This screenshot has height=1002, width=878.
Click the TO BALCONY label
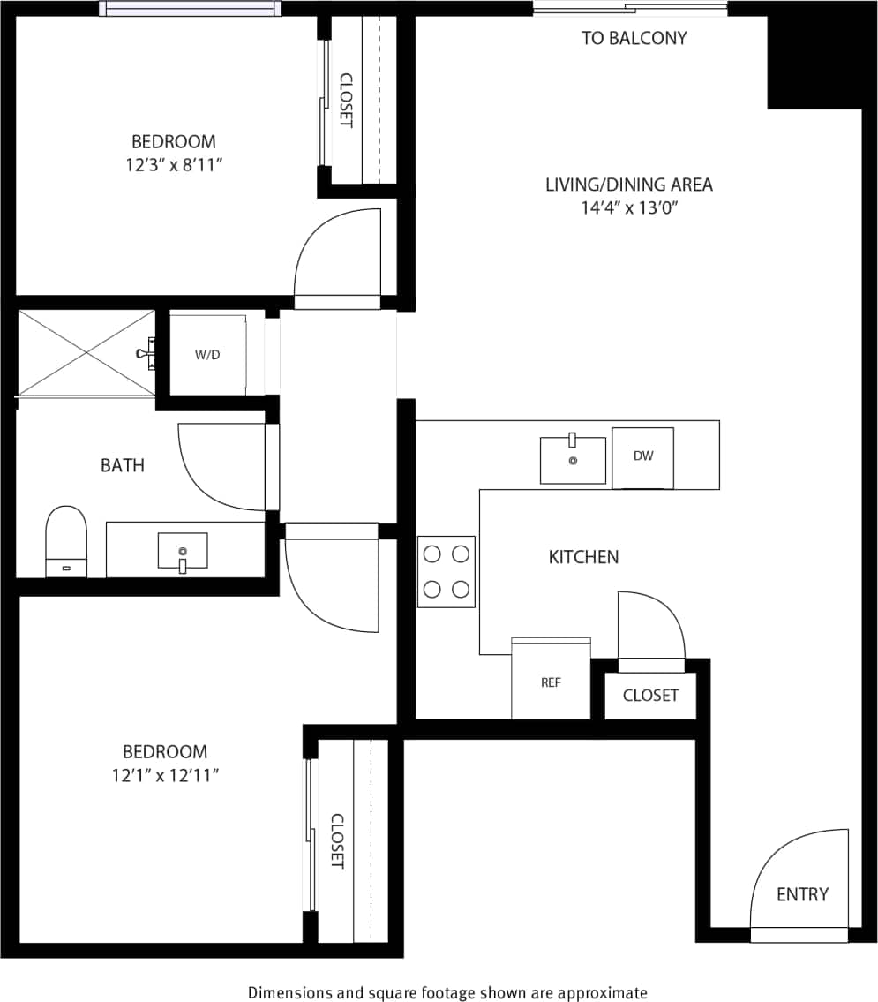pyautogui.click(x=634, y=38)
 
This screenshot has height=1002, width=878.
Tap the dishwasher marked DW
pyautogui.click(x=642, y=457)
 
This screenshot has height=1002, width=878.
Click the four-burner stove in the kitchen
pyautogui.click(x=447, y=571)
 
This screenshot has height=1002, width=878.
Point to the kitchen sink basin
pyautogui.click(x=573, y=461)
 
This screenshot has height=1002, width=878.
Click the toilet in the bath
pyautogui.click(x=67, y=541)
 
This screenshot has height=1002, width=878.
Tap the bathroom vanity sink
pyautogui.click(x=183, y=552)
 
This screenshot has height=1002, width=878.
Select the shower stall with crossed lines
pyautogui.click(x=86, y=352)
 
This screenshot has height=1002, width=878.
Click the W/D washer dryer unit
pyautogui.click(x=207, y=355)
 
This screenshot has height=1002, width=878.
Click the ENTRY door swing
pyautogui.click(x=799, y=878)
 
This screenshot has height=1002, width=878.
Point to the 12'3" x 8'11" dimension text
pyautogui.click(x=174, y=164)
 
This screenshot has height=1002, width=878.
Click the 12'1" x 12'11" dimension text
pyautogui.click(x=165, y=775)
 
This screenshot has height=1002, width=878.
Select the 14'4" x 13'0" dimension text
pyautogui.click(x=628, y=207)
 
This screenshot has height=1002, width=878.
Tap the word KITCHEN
pyautogui.click(x=583, y=557)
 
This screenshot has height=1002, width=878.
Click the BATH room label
pyautogui.click(x=122, y=465)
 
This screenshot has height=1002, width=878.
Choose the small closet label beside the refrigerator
pyautogui.click(x=650, y=695)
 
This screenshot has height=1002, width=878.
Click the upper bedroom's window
pyautogui.click(x=191, y=9)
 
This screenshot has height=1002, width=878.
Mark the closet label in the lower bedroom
pyautogui.click(x=336, y=840)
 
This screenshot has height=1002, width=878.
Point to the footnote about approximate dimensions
pyautogui.click(x=447, y=992)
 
